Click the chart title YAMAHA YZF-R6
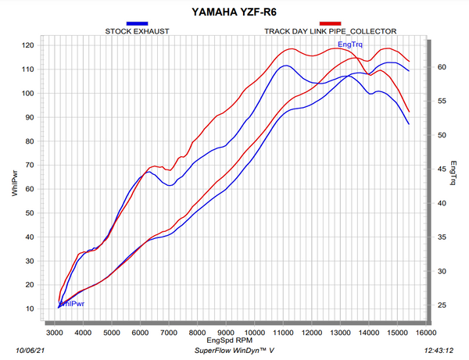(x=234, y=12)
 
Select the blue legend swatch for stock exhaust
(x=137, y=23)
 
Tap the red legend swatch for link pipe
(x=330, y=23)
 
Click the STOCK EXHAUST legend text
(x=137, y=31)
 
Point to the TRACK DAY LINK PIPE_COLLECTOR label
(x=330, y=31)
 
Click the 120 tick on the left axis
(x=28, y=45)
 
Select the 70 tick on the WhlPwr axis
(x=30, y=165)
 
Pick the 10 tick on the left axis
(x=30, y=308)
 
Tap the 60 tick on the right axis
(x=442, y=67)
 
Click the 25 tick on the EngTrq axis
(x=442, y=305)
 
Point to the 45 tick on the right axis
(x=442, y=169)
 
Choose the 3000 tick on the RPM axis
(x=55, y=333)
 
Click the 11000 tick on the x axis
(x=283, y=333)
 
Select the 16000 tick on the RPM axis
(x=426, y=333)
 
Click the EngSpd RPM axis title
(x=229, y=340)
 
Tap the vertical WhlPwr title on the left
(x=15, y=184)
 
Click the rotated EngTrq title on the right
(x=453, y=173)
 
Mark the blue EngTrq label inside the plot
(x=350, y=45)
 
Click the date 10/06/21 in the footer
(x=30, y=351)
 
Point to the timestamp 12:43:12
(x=439, y=351)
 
